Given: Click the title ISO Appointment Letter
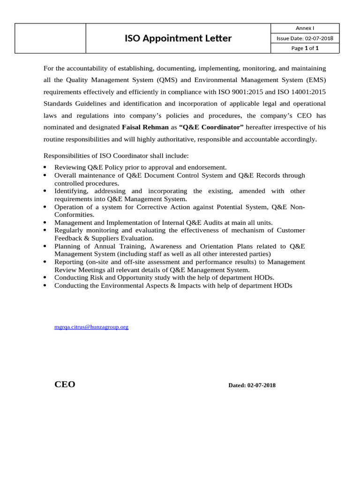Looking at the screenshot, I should coord(178,38).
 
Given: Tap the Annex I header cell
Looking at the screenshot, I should coord(305,28).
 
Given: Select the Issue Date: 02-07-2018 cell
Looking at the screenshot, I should coord(305,38).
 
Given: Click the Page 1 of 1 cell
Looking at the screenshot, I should coord(305,48).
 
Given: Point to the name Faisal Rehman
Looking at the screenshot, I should coord(145,127).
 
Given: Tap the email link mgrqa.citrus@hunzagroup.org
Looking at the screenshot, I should coord(91,327).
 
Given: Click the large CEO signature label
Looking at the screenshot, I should coord(65,384).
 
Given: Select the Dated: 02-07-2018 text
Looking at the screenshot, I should coord(252,385).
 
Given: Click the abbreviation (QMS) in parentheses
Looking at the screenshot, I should coord(165,80).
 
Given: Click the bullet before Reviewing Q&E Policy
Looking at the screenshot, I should coord(45,167).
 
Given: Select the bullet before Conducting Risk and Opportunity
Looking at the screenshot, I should coord(45,277).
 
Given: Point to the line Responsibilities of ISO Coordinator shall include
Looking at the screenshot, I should coord(116,156).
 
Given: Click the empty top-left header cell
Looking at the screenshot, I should coord(51,38).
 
